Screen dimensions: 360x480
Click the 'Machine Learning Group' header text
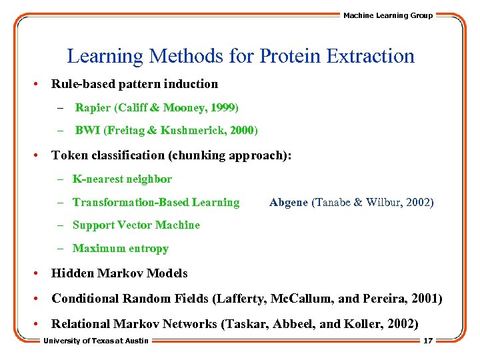click(387, 15)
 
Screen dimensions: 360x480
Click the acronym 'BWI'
click(87, 131)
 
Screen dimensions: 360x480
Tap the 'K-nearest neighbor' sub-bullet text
click(122, 179)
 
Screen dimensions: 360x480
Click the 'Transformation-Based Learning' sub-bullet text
click(155, 202)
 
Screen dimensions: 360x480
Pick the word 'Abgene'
click(289, 202)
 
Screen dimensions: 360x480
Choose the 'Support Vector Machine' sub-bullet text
click(136, 225)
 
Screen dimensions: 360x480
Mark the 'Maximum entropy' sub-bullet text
click(120, 249)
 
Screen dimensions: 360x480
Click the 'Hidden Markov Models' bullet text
click(119, 273)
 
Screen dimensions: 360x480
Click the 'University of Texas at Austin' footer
click(95, 341)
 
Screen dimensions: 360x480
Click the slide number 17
click(428, 341)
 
